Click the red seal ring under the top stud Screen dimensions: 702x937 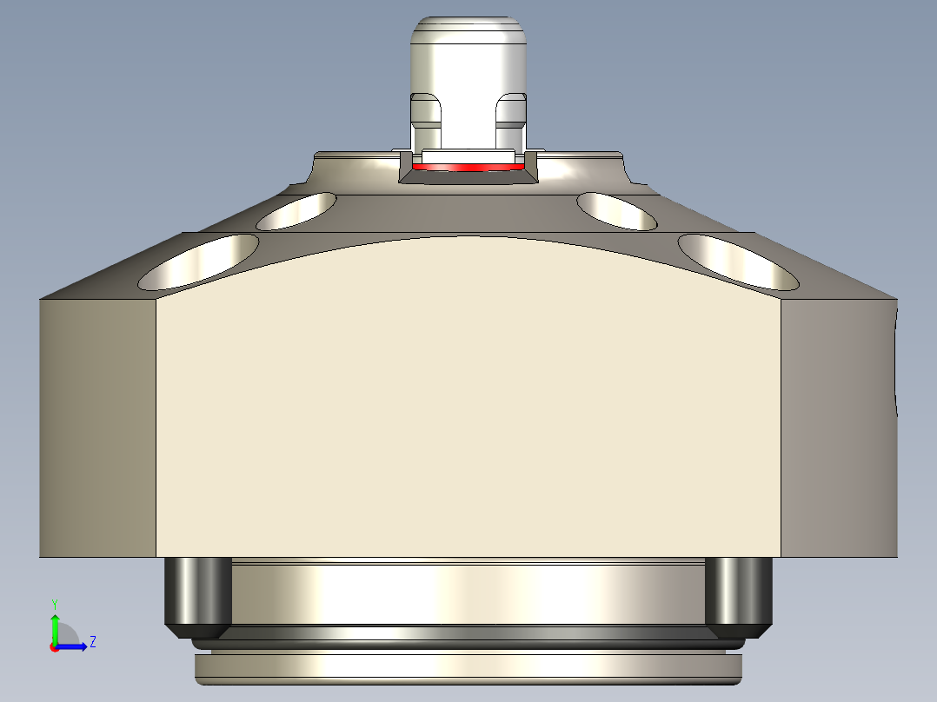tap(468, 167)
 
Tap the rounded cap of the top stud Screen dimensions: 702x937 tap(468, 35)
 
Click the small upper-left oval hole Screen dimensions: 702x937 tap(296, 210)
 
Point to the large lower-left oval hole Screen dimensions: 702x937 tap(200, 262)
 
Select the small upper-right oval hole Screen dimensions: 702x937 tap(617, 210)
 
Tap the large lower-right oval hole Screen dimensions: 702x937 tap(738, 262)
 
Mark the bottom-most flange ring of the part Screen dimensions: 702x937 tap(468, 667)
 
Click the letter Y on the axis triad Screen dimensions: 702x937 tap(54, 603)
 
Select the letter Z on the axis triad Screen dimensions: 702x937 tap(92, 642)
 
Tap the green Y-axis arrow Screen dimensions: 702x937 tap(54, 628)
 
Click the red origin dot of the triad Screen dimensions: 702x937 tap(54, 647)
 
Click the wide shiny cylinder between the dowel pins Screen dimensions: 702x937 tap(468, 595)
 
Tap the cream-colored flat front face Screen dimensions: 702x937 tap(468, 408)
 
